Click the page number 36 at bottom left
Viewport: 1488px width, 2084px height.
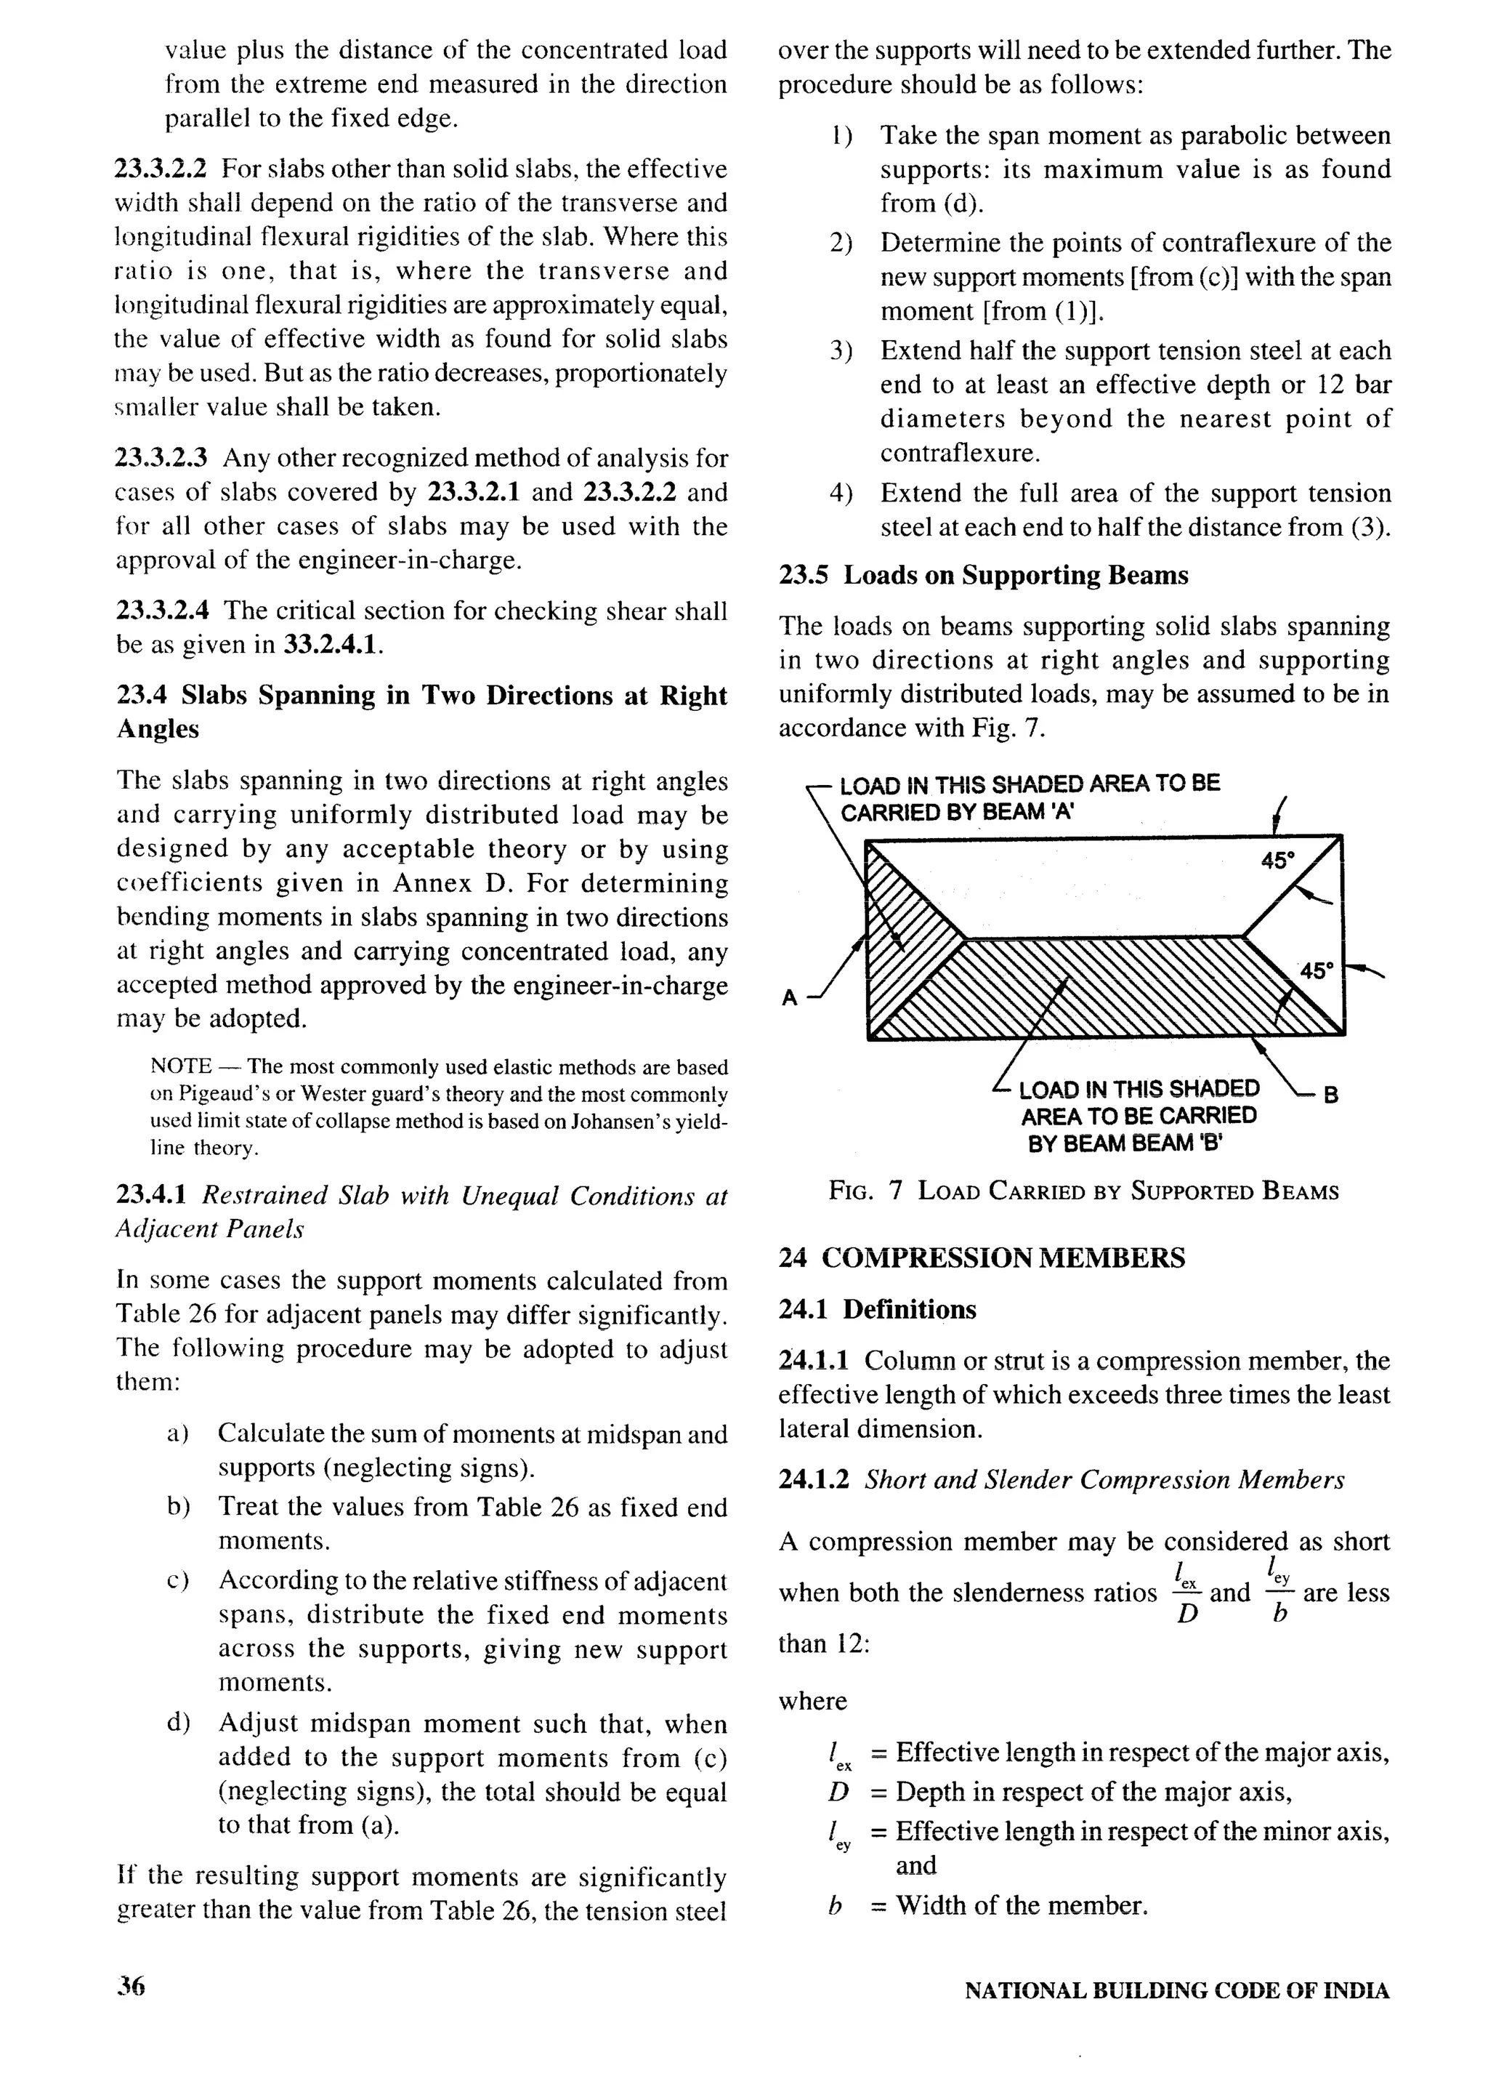click(131, 1986)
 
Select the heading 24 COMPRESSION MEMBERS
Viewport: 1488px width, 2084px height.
click(982, 1258)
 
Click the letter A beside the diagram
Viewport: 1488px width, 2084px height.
click(789, 998)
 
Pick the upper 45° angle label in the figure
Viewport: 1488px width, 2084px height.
click(1278, 861)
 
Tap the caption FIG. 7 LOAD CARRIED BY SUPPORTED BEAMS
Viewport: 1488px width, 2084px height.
click(1084, 1191)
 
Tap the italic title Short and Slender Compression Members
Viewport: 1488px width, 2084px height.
click(1104, 1479)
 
